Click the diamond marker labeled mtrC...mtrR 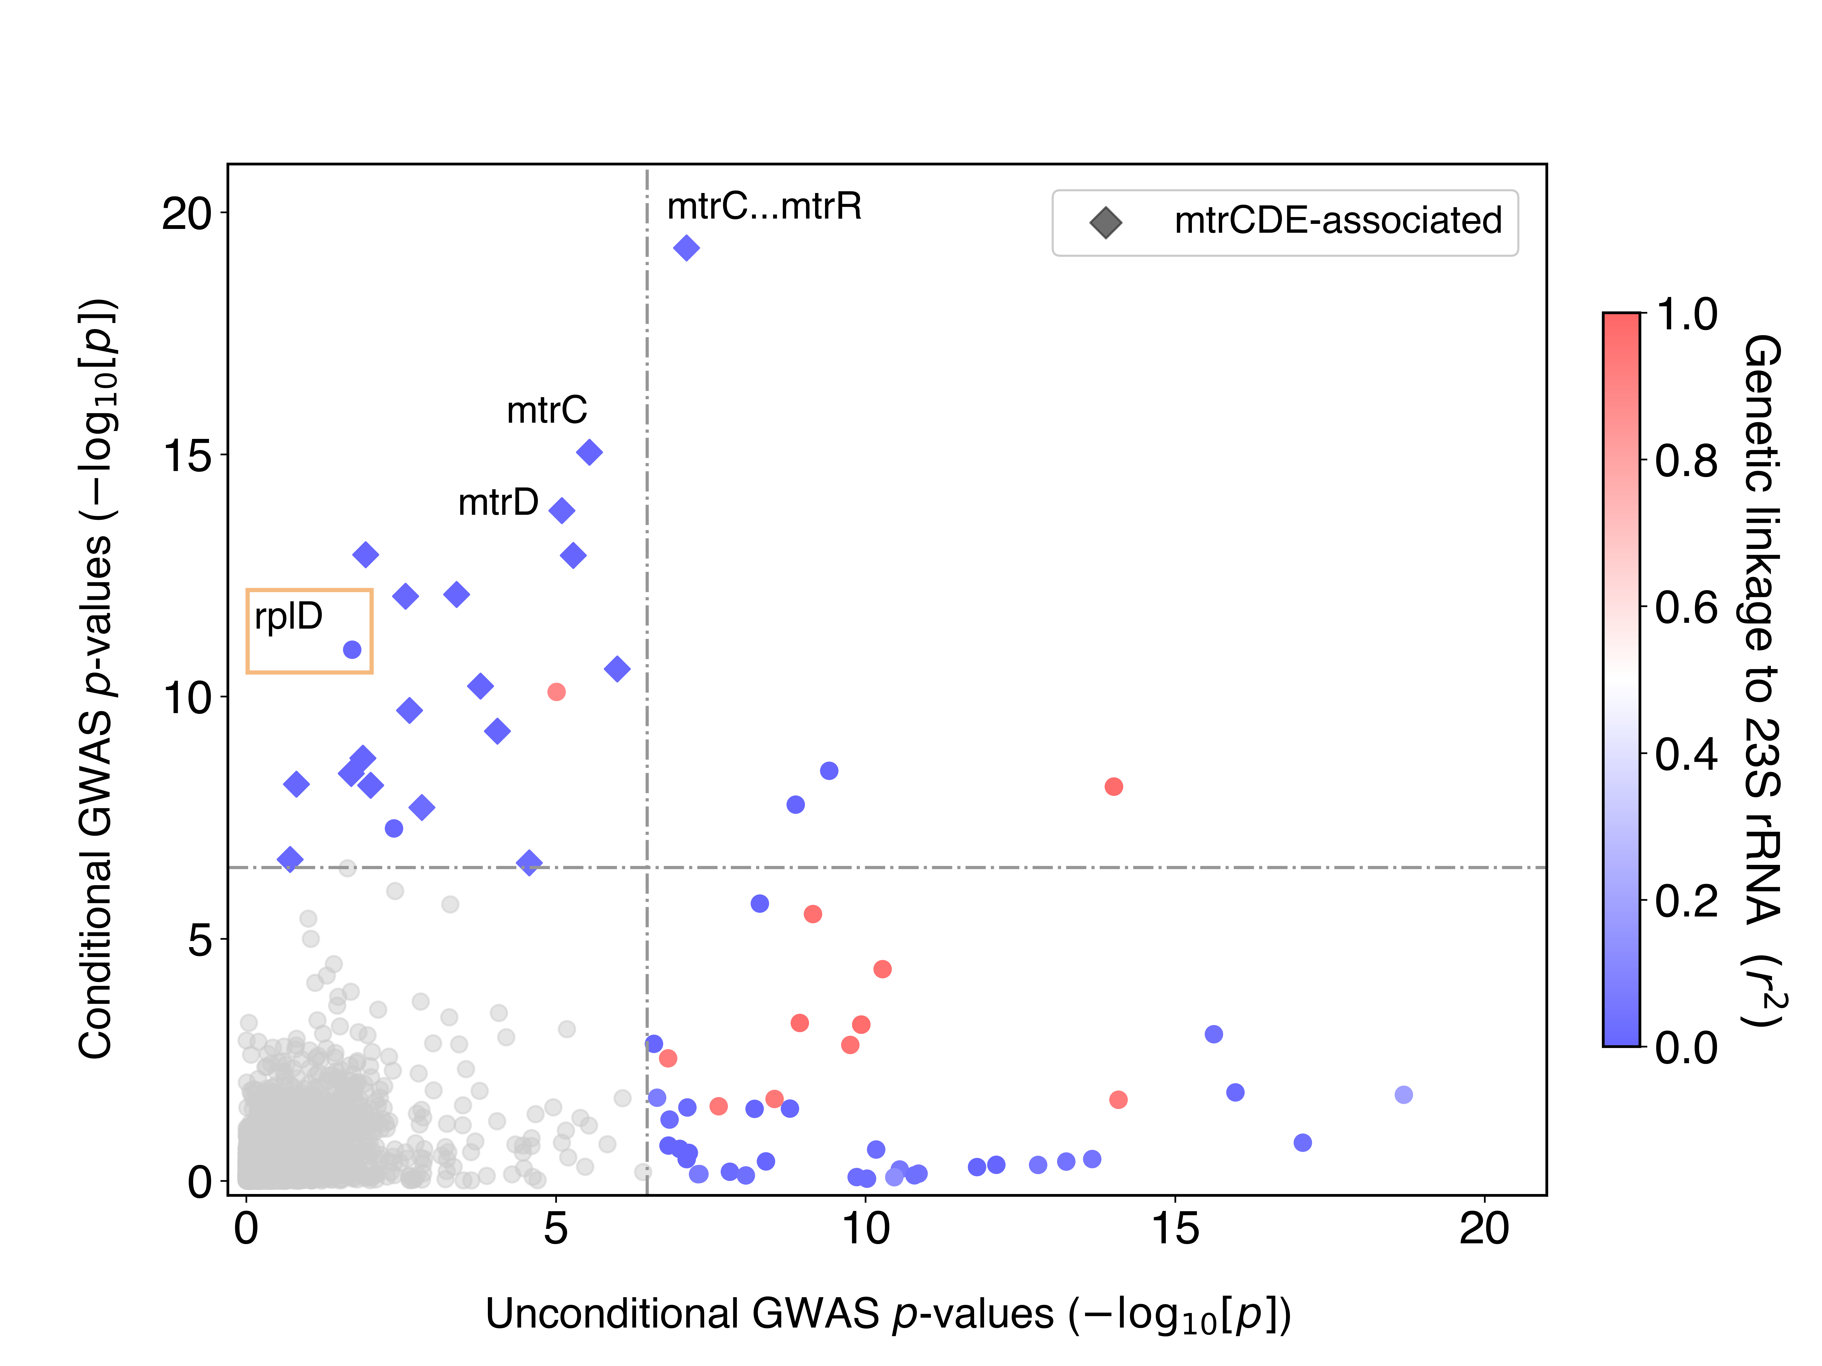point(686,248)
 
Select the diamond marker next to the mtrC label point(589,452)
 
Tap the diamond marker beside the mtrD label point(562,510)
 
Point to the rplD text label point(288,616)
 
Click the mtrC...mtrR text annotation point(763,207)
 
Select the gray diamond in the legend point(1105,222)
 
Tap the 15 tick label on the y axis point(188,455)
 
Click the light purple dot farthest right point(1403,1094)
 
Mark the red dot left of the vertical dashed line point(556,692)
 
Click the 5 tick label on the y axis point(200,940)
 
